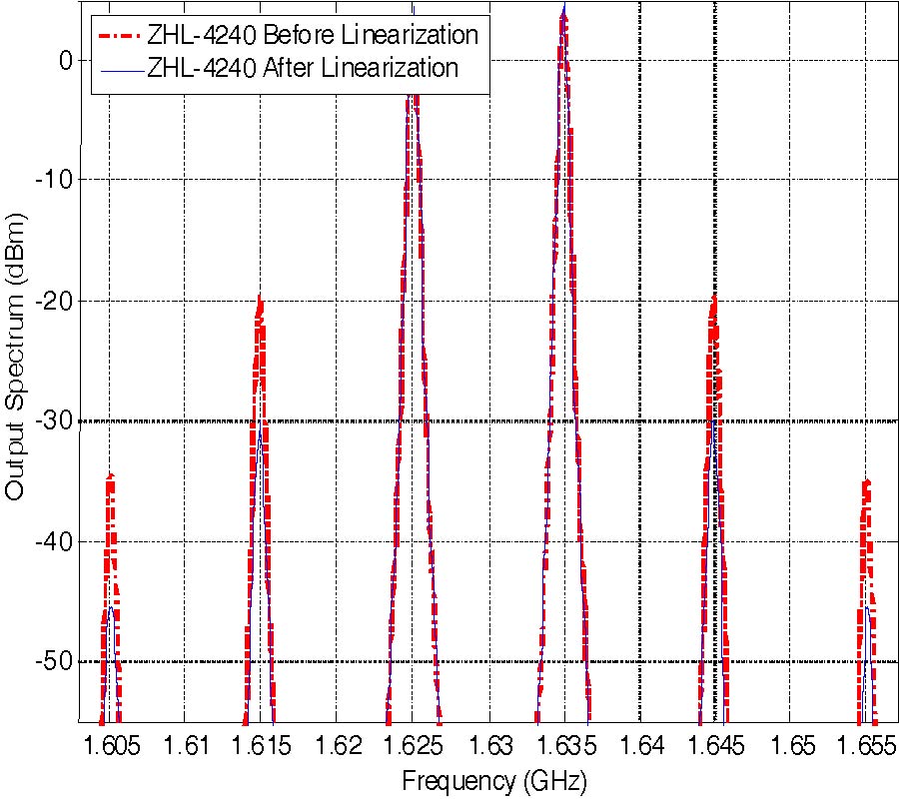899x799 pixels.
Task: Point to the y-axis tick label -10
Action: tap(55, 181)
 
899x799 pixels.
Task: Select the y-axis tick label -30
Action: tap(55, 421)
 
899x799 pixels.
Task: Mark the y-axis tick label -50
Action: tap(55, 662)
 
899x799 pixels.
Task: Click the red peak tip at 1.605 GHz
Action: tap(110, 475)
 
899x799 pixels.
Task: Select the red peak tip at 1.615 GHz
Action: tap(261, 297)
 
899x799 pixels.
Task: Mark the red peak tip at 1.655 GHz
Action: tap(866, 481)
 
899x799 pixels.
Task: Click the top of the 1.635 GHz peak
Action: tap(564, 8)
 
